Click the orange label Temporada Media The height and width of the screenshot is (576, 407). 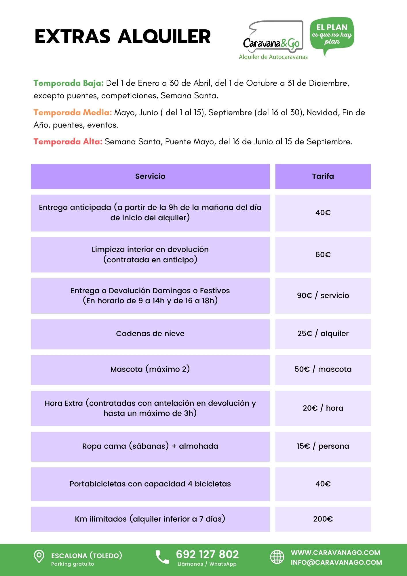[x=73, y=112]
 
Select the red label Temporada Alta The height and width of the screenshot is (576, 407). [x=68, y=141]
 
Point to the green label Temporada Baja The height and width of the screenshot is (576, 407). [x=69, y=83]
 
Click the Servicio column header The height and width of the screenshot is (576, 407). [x=150, y=176]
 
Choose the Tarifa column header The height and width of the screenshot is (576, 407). [x=323, y=176]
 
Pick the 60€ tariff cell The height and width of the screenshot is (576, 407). [x=323, y=255]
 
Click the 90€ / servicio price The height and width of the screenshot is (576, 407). [x=323, y=295]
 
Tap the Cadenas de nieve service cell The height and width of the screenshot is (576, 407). [x=150, y=334]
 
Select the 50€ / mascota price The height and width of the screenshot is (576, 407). [x=323, y=369]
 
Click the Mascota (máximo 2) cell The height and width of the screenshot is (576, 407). [x=150, y=369]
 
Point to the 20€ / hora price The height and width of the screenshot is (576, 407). [x=323, y=408]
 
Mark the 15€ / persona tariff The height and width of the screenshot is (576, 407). [x=323, y=446]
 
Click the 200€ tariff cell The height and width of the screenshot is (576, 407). [x=323, y=519]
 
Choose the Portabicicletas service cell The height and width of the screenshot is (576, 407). [x=150, y=484]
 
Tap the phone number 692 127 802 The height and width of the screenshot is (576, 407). [x=207, y=554]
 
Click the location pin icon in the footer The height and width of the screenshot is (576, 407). [x=39, y=556]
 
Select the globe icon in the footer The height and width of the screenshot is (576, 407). [x=277, y=556]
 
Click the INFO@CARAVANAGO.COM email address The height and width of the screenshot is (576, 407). [x=336, y=562]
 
